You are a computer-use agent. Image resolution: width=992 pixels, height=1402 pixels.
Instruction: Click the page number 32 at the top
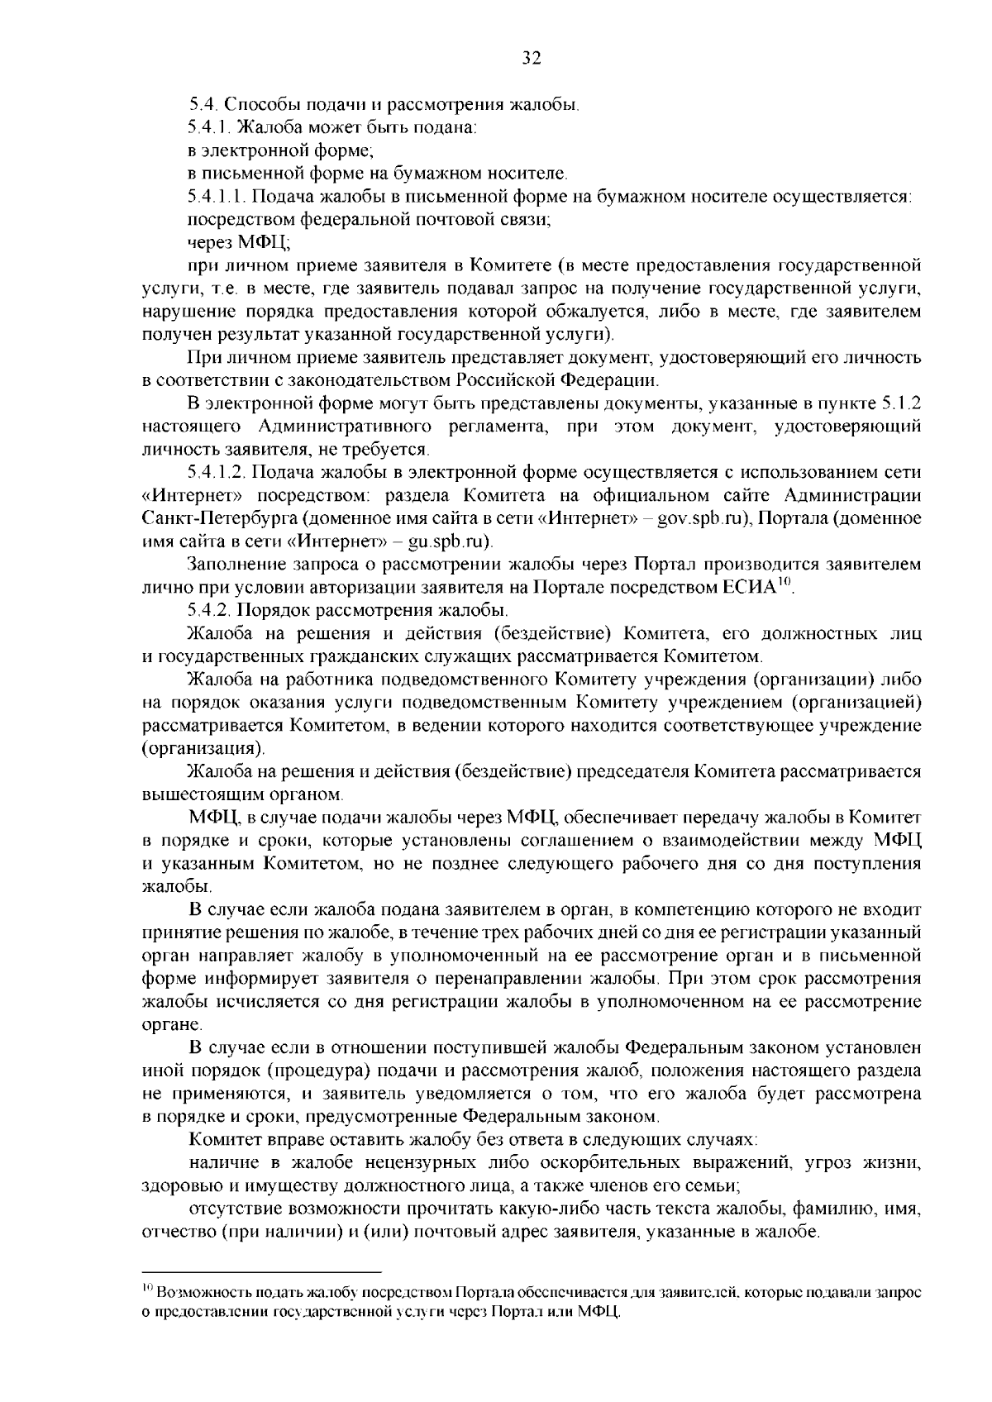tap(531, 57)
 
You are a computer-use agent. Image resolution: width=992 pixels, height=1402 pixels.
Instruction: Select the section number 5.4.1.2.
tap(217, 472)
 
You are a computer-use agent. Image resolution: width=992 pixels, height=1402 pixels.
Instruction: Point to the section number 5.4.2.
tap(209, 611)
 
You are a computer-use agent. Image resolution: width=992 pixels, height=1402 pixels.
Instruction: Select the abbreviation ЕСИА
tap(749, 588)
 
